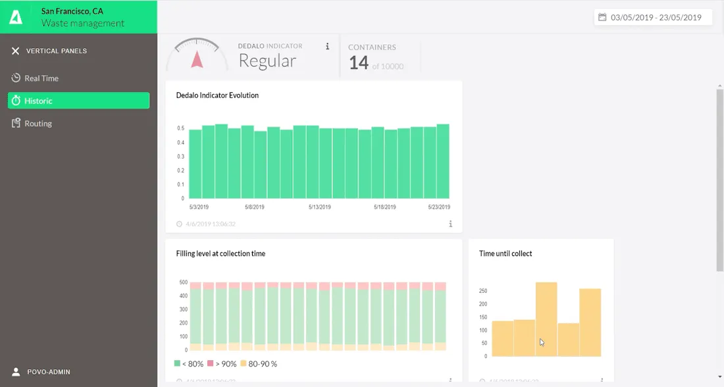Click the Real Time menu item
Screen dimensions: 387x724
coord(41,78)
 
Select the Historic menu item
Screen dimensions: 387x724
coord(38,101)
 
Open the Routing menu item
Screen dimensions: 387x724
coord(38,124)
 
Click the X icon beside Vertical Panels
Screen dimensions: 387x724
coord(15,51)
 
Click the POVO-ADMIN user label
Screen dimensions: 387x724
coord(48,372)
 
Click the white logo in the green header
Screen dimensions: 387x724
coord(16,17)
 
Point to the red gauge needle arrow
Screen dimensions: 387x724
coord(196,60)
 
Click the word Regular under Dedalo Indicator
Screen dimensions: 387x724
coord(267,61)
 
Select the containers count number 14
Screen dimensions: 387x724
coord(359,63)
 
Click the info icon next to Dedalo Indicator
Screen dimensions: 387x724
coord(327,46)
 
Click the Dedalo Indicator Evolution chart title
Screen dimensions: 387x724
coord(217,95)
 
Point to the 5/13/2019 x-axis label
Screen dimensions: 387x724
coord(320,207)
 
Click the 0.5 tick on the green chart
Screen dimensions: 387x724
coord(180,128)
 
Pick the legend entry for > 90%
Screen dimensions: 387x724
coord(222,364)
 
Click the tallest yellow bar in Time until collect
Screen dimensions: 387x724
coord(546,319)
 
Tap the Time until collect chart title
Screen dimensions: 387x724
coord(505,254)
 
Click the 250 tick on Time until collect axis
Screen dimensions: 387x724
coord(483,291)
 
